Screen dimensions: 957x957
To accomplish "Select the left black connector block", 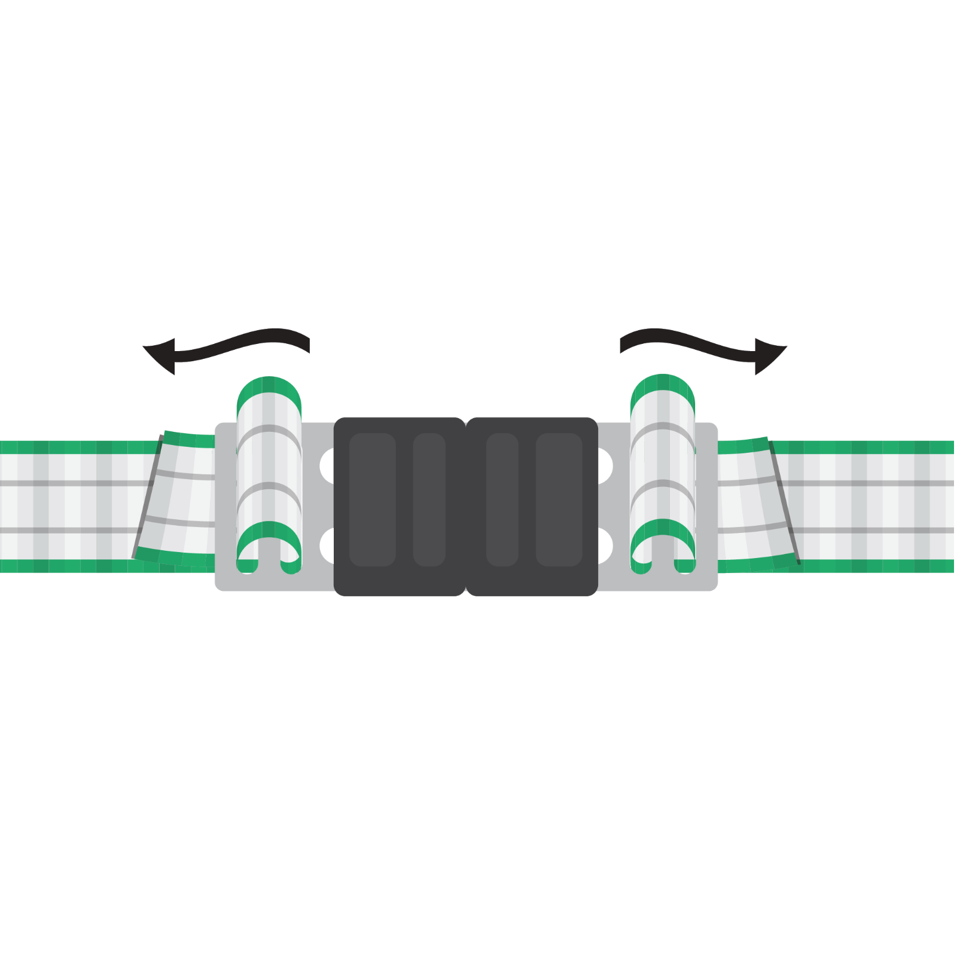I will (399, 506).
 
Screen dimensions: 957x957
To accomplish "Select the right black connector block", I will (532, 506).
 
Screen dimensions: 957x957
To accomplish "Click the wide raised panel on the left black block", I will (372, 500).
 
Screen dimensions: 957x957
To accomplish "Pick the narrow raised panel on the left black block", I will (429, 500).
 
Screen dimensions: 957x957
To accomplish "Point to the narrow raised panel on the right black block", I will (502, 500).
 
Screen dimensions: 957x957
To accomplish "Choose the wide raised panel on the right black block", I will (559, 500).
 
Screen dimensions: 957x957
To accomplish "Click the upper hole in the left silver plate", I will (328, 465).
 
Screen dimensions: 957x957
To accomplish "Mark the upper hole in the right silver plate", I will (604, 465).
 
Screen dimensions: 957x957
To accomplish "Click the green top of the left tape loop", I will (269, 388).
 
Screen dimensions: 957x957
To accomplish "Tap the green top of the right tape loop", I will (663, 386).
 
